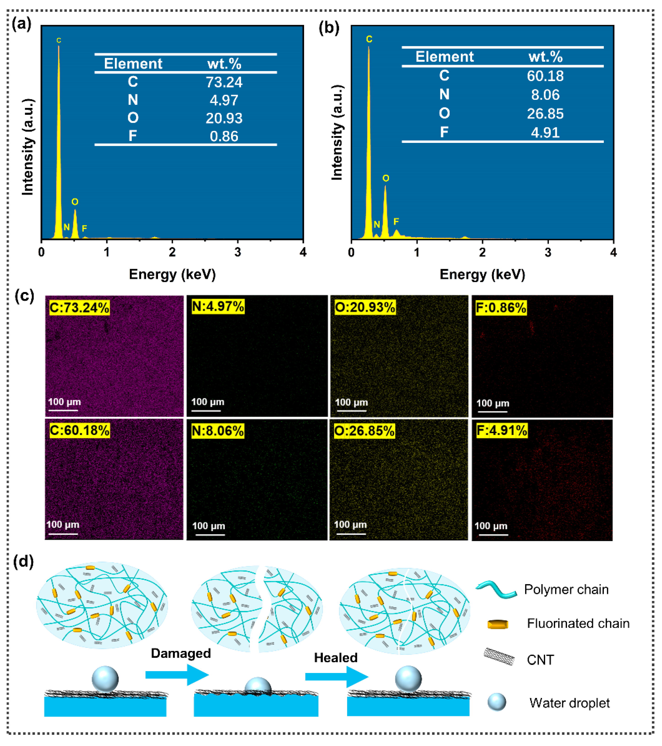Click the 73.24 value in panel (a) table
[x=224, y=82]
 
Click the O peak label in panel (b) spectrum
[x=386, y=178]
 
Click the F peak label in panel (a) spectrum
[x=84, y=228]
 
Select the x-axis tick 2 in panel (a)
[x=172, y=252]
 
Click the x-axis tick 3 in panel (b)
[x=548, y=252]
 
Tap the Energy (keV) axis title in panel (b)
[x=482, y=274]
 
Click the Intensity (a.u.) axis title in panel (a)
[x=28, y=147]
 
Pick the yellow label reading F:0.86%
[x=501, y=308]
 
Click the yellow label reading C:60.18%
[x=79, y=430]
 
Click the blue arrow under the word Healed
[x=337, y=677]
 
